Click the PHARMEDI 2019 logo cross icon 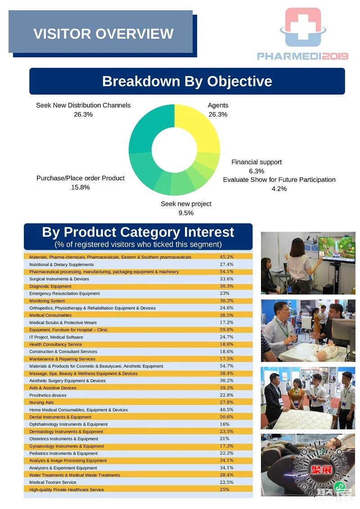303,27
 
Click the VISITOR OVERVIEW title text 103,34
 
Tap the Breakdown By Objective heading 187,81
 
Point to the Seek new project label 186,204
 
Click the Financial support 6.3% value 256,171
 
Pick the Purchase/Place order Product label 81,178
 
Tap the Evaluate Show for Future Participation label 279,180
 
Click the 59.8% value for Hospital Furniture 227,330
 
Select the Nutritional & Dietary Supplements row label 61,265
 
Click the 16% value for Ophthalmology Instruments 224,424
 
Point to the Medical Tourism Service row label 53,482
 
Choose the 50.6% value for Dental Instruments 227,417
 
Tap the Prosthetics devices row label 48,396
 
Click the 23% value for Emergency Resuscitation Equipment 224,293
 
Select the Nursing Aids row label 41,402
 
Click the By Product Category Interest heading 138,232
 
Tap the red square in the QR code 321,470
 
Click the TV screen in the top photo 336,248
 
